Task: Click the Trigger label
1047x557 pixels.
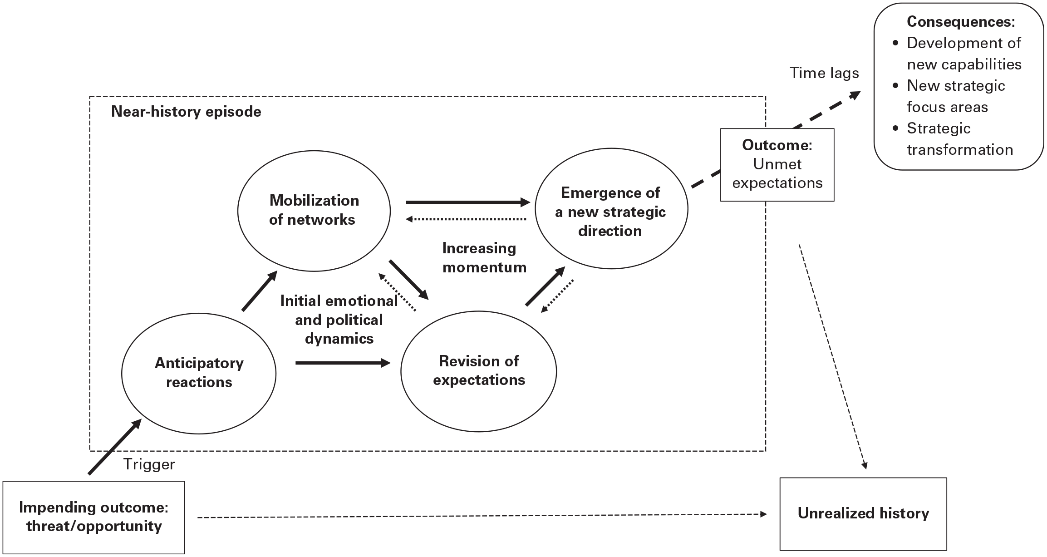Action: coord(149,464)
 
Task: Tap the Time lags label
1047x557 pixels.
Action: coord(824,73)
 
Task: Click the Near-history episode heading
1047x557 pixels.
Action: coord(186,112)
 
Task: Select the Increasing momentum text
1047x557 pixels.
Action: coord(484,257)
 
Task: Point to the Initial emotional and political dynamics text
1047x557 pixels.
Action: coord(339,320)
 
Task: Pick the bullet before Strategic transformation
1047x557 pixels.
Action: coord(895,128)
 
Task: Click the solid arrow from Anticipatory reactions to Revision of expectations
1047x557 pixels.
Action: coord(343,363)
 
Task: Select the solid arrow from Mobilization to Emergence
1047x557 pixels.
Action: coord(468,202)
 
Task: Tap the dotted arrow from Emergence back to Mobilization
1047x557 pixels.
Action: coord(466,219)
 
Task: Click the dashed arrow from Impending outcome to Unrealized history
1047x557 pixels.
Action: coord(482,516)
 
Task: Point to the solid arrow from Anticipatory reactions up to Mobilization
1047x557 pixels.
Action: coord(260,291)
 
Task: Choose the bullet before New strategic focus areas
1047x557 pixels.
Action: coord(895,86)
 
